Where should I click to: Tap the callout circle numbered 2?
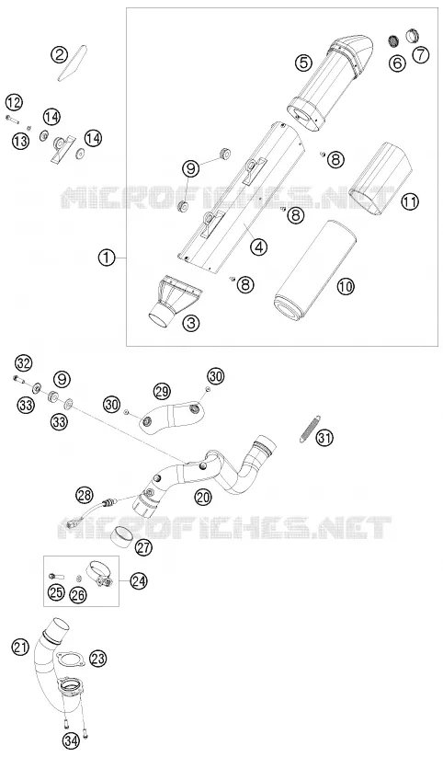pos(60,55)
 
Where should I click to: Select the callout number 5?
pos(304,62)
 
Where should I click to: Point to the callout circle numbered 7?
pos(420,55)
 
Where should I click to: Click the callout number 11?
pos(410,202)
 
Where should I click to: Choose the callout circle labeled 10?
pos(345,286)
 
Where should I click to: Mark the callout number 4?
pos(259,247)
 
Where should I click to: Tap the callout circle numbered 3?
pos(191,323)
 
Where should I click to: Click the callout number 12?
pos(15,102)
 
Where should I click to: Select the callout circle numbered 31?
pos(324,438)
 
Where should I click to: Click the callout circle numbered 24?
pos(139,580)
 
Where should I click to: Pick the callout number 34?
pos(71,740)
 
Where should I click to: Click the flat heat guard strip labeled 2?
pos(73,63)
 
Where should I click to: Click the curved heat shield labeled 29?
pos(173,416)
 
